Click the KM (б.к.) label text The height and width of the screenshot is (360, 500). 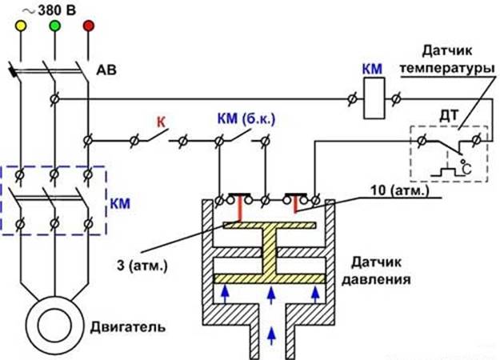(243, 119)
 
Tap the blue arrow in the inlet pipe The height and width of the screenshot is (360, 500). (274, 331)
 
